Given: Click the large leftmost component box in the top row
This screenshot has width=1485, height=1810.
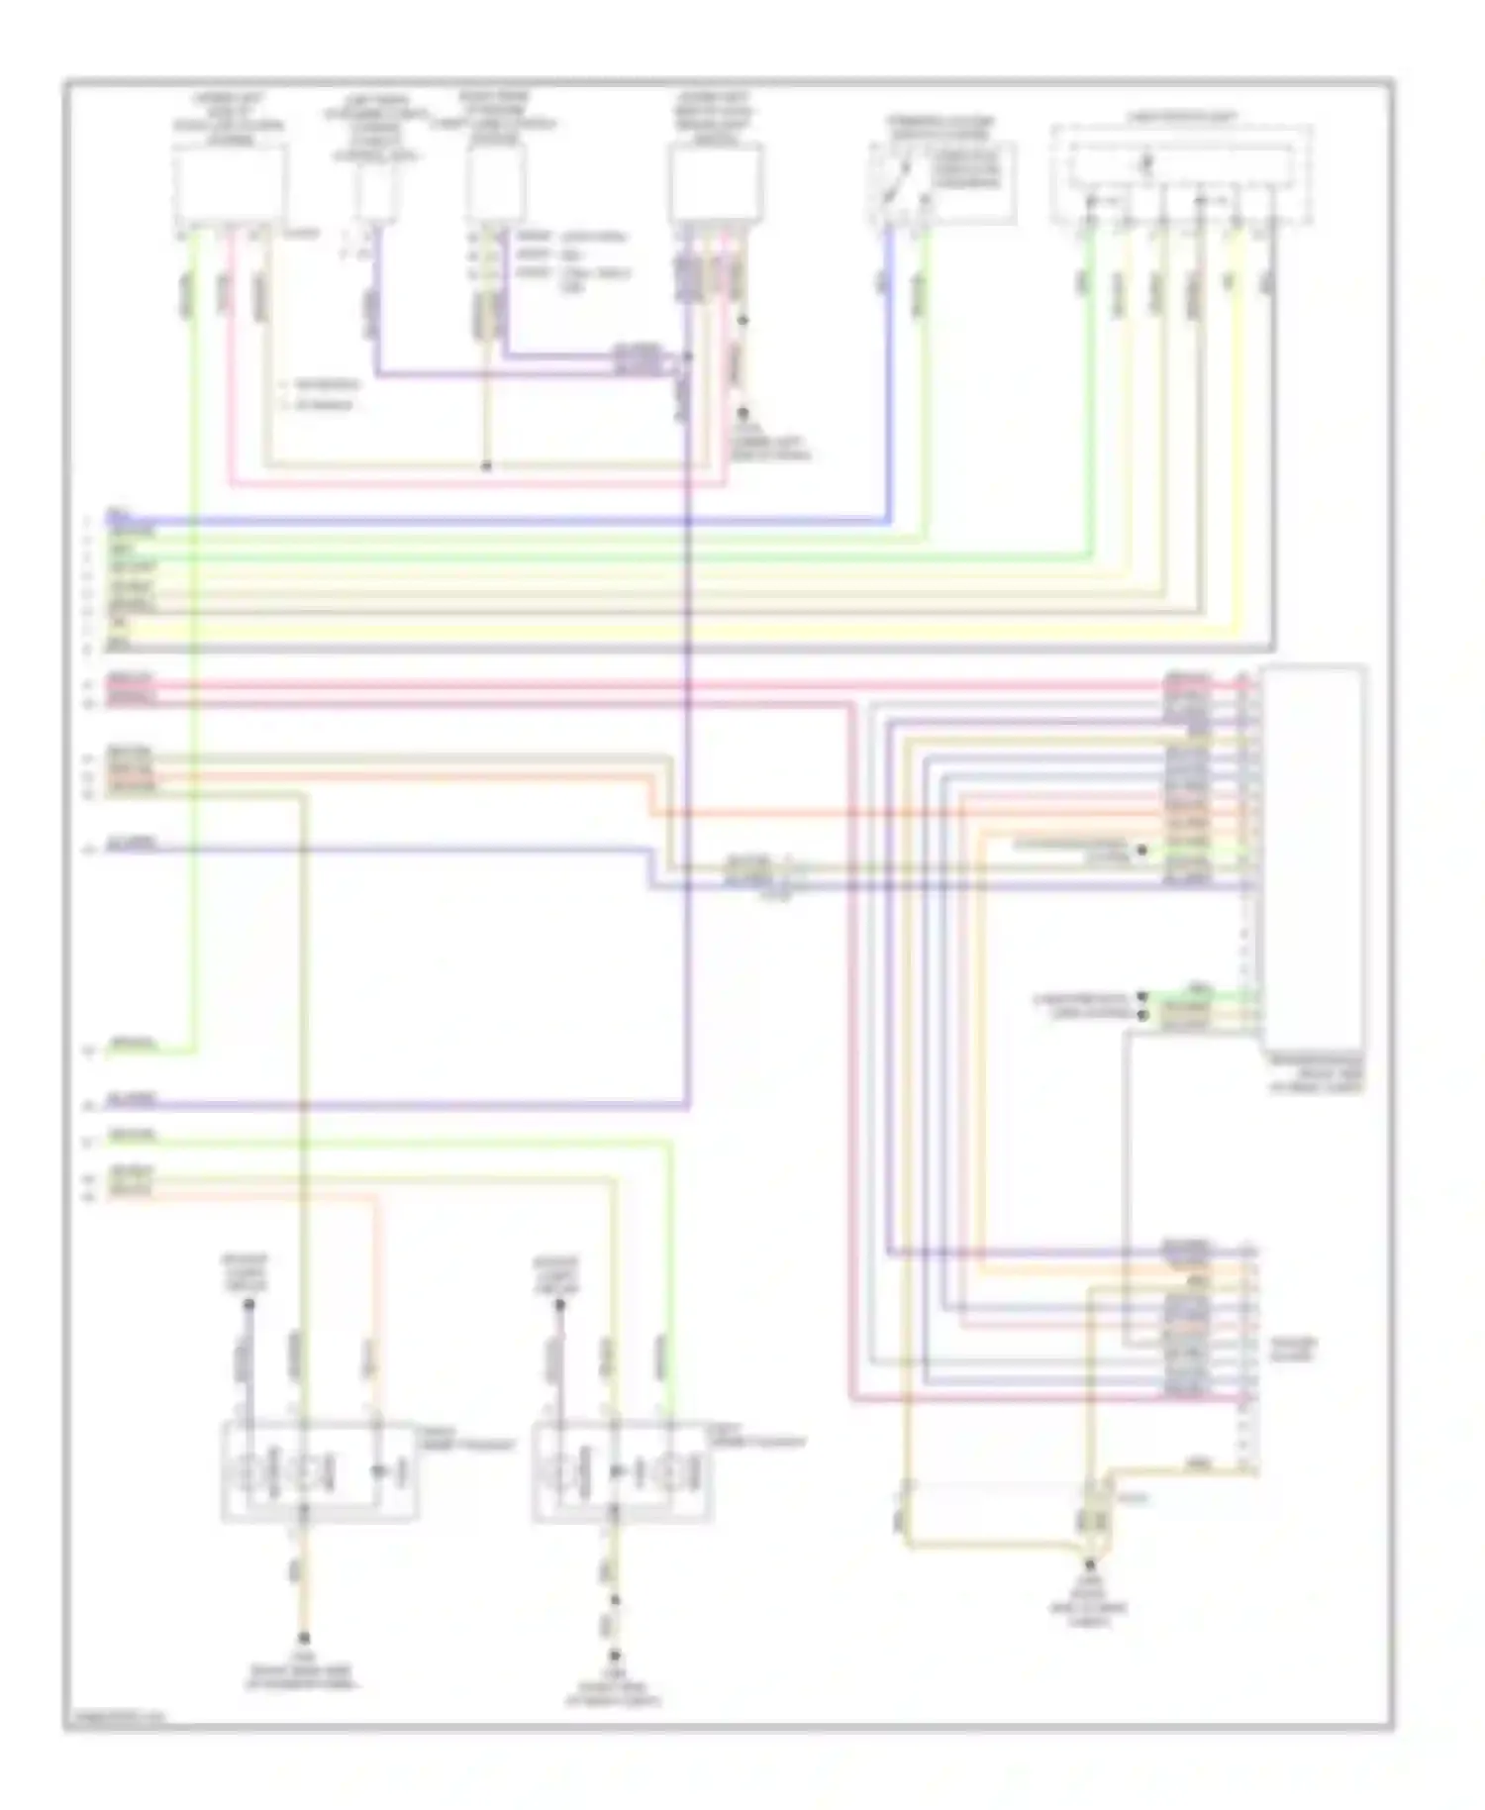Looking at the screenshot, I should coord(230,185).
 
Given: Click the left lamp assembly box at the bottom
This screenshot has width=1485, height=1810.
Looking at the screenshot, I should coord(319,1469).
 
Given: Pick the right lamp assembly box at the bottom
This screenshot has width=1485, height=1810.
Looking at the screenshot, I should coord(623,1471).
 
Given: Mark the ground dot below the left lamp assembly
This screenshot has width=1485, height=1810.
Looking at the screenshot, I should coord(304,1638).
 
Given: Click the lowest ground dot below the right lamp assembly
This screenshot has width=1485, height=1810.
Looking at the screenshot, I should coord(614,1655).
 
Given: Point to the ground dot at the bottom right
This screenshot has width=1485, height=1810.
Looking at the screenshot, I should coord(1090,1565).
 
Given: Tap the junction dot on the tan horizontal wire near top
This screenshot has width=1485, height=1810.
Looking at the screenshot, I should coord(486,465).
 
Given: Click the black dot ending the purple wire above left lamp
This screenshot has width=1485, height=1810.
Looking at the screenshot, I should coord(248,1305).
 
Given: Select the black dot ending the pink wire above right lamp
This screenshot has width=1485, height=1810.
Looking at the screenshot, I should coord(559,1305).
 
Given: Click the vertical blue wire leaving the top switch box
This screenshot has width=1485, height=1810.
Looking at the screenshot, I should coord(888,376).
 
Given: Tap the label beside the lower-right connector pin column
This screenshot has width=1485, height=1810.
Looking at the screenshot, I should coord(1293,1349).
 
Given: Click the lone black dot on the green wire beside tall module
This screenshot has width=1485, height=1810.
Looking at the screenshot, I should coord(1141,851).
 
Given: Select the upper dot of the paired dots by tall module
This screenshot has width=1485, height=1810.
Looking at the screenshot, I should coord(1141,997).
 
